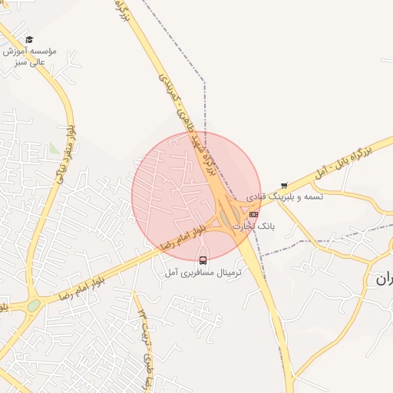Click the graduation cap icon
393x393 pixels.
pos(29,39)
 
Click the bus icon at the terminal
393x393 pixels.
pos(203,260)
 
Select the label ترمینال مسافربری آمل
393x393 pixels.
pos(203,272)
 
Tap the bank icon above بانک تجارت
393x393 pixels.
pos(253,214)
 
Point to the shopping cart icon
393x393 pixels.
pos(284,185)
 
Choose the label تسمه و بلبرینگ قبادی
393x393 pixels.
pos(285,197)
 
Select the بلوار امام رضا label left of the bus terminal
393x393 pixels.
pos(183,236)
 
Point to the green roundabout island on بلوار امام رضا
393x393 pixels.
pos(34,305)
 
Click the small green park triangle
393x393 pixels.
pos(53,147)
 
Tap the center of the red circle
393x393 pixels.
pos(196,196)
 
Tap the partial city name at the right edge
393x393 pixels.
pos(384,279)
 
